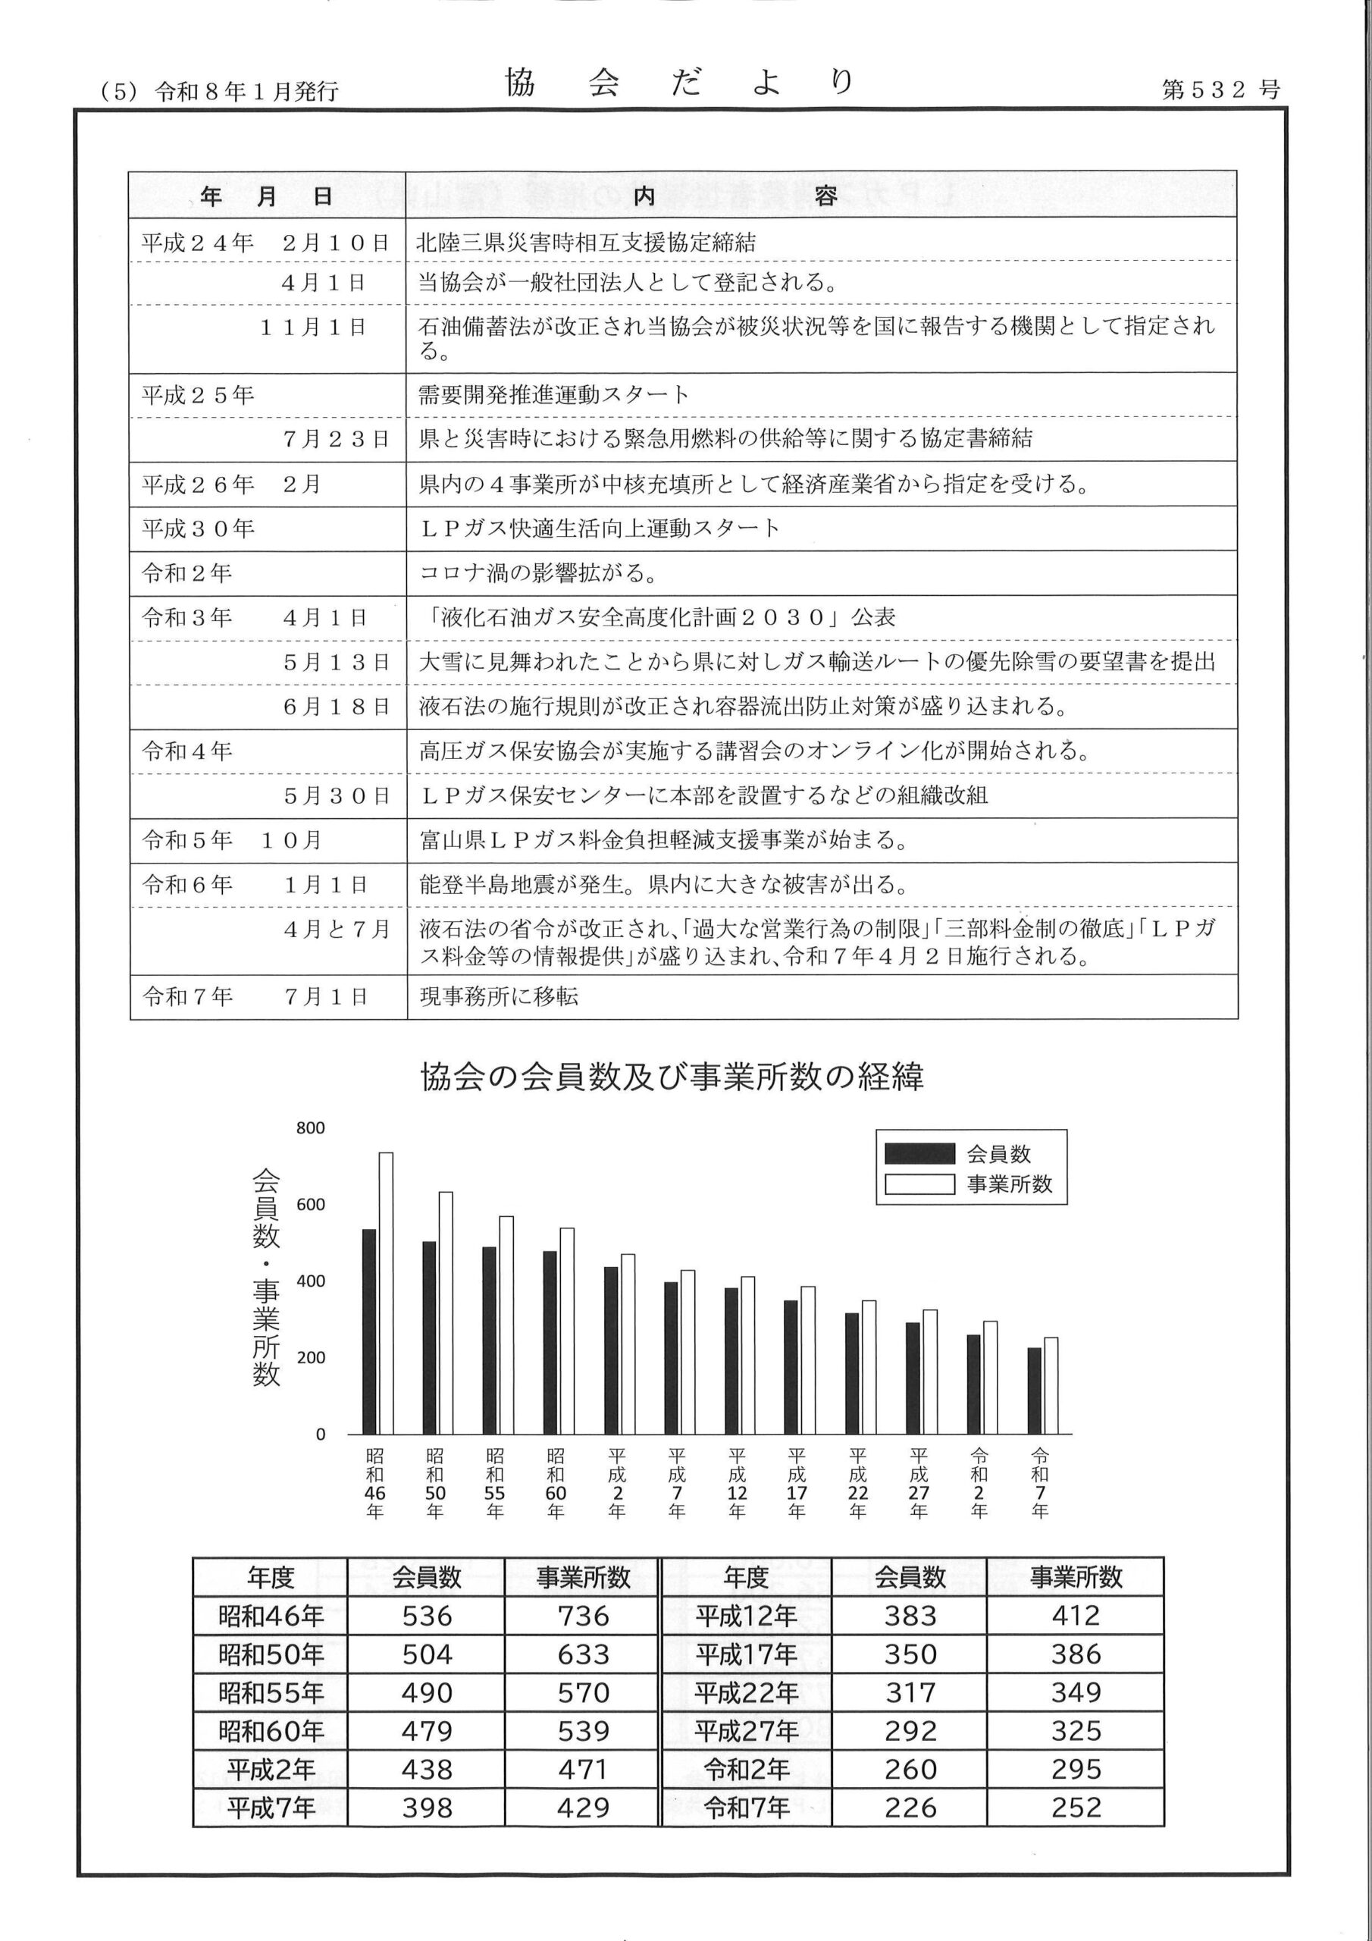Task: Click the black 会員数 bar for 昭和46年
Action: click(x=369, y=1331)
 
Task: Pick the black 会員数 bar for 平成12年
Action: click(x=731, y=1361)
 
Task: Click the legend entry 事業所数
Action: click(x=1008, y=1184)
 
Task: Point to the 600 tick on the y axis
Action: click(x=310, y=1205)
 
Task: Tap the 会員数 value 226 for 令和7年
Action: click(x=910, y=1808)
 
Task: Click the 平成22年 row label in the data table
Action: click(x=746, y=1692)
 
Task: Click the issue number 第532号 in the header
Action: click(x=1220, y=89)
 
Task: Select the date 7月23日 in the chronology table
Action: click(x=336, y=439)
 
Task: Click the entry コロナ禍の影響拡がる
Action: click(x=537, y=574)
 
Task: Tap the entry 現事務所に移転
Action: click(x=499, y=997)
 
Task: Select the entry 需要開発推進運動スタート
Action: click(x=553, y=395)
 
